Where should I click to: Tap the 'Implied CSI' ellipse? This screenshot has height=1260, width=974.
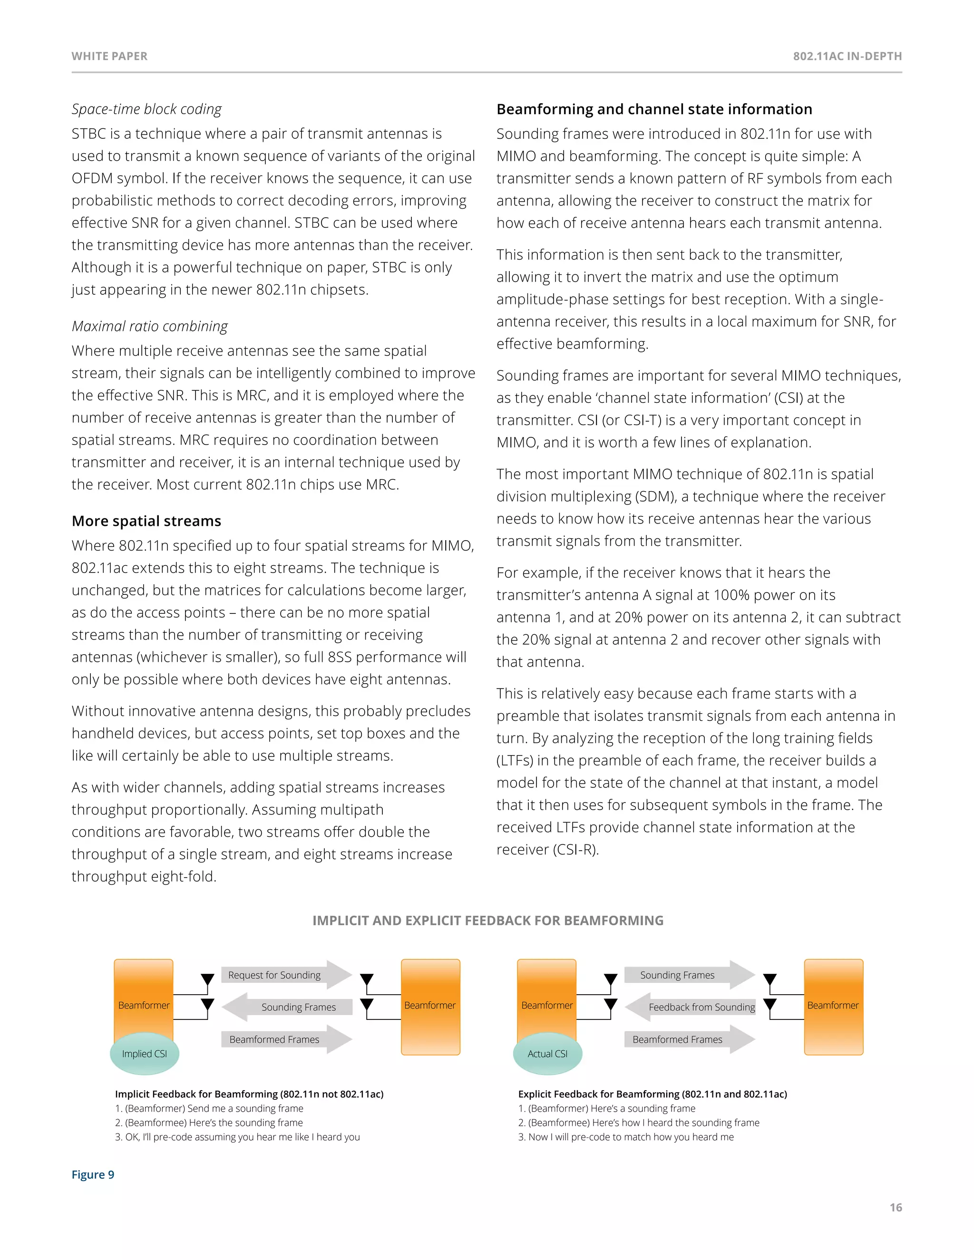click(x=144, y=1054)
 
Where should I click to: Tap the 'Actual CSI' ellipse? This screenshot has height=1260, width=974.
click(x=547, y=1054)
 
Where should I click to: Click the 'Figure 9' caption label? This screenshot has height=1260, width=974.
click(x=93, y=1174)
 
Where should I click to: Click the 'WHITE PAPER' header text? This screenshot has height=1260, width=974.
click(x=110, y=56)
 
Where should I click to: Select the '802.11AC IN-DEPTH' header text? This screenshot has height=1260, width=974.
click(x=847, y=56)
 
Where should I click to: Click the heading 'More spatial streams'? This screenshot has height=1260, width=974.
click(x=146, y=521)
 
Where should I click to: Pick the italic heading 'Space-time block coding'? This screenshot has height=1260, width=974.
click(x=146, y=109)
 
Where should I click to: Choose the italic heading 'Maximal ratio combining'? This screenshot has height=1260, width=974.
click(x=149, y=326)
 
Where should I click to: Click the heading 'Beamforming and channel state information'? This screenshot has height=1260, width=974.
click(x=654, y=109)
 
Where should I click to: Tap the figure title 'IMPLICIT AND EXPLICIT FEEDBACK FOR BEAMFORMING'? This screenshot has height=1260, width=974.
click(x=487, y=920)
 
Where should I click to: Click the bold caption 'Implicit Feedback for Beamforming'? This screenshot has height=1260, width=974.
click(x=249, y=1094)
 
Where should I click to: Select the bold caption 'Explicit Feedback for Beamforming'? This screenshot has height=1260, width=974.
click(x=652, y=1094)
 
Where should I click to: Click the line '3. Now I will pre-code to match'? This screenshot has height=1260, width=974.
click(x=625, y=1136)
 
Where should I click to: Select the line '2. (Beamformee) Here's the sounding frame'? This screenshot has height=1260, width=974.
click(x=209, y=1122)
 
